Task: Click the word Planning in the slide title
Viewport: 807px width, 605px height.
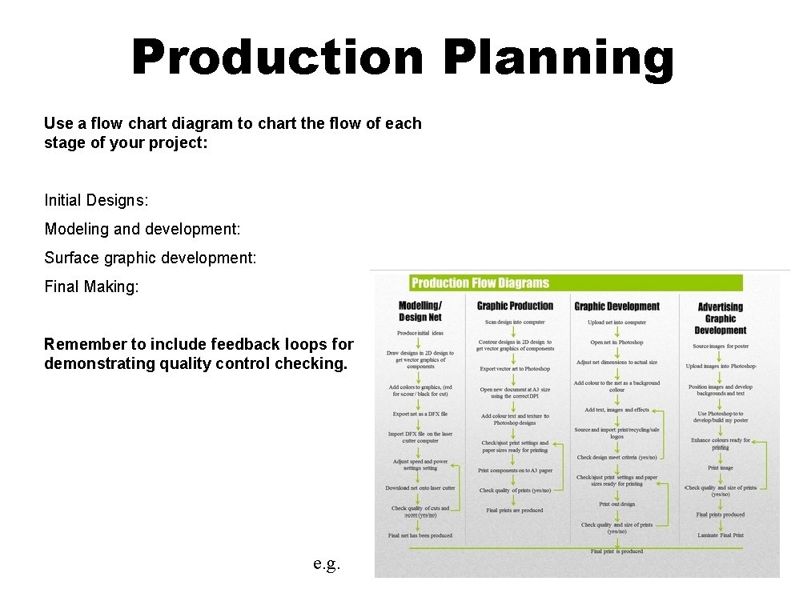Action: pyautogui.click(x=559, y=58)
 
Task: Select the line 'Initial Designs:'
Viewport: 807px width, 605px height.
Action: pyautogui.click(x=96, y=200)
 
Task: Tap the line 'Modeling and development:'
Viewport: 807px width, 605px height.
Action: pyautogui.click(x=143, y=229)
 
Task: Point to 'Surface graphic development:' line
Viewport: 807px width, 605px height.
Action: pyautogui.click(x=151, y=258)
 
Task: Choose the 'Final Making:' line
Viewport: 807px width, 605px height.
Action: pyautogui.click(x=91, y=286)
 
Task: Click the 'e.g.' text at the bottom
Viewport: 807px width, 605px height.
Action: pyautogui.click(x=327, y=563)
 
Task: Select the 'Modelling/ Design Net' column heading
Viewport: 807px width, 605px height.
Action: pyautogui.click(x=420, y=311)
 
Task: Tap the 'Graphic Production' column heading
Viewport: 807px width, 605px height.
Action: pyautogui.click(x=515, y=306)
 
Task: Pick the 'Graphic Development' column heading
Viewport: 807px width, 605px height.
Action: pyautogui.click(x=616, y=306)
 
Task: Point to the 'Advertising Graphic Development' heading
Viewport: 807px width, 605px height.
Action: pyautogui.click(x=720, y=319)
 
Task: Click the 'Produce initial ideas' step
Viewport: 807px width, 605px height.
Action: pyautogui.click(x=420, y=333)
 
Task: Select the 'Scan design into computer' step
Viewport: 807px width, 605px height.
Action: pyautogui.click(x=515, y=322)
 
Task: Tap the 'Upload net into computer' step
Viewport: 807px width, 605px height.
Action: pyautogui.click(x=616, y=323)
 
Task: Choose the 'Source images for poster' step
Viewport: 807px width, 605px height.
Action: pyautogui.click(x=721, y=347)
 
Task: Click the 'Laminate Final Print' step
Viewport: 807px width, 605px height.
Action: pyautogui.click(x=720, y=535)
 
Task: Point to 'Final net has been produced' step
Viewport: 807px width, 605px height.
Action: pyautogui.click(x=420, y=535)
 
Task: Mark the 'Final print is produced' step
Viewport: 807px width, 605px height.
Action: pyautogui.click(x=616, y=551)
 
